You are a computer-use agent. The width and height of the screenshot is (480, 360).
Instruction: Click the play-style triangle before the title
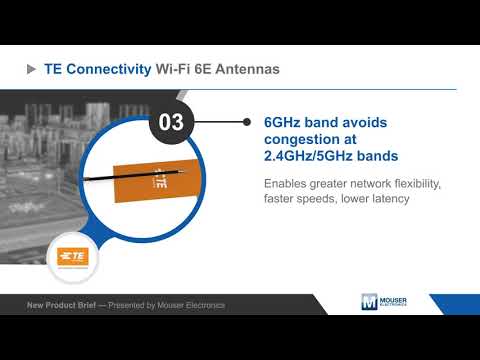coord(30,70)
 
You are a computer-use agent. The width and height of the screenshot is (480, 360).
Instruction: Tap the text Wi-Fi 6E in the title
coord(180,70)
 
